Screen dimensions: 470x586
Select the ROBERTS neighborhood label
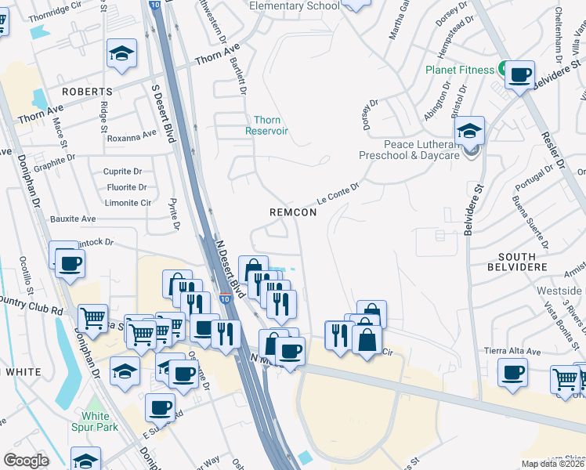[x=87, y=92]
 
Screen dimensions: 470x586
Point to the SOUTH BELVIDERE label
[x=516, y=262]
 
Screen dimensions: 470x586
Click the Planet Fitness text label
[x=459, y=69]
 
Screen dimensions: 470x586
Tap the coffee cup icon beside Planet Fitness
[x=519, y=75]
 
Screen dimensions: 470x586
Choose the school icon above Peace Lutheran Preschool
[x=468, y=130]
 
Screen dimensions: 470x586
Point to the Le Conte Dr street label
[x=337, y=191]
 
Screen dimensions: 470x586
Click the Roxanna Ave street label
[x=132, y=137]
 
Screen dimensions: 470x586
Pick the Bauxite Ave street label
[x=72, y=219]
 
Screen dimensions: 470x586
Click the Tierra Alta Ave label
[x=513, y=351]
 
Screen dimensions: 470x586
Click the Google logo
[x=26, y=461]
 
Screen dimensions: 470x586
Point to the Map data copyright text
[x=552, y=464]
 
